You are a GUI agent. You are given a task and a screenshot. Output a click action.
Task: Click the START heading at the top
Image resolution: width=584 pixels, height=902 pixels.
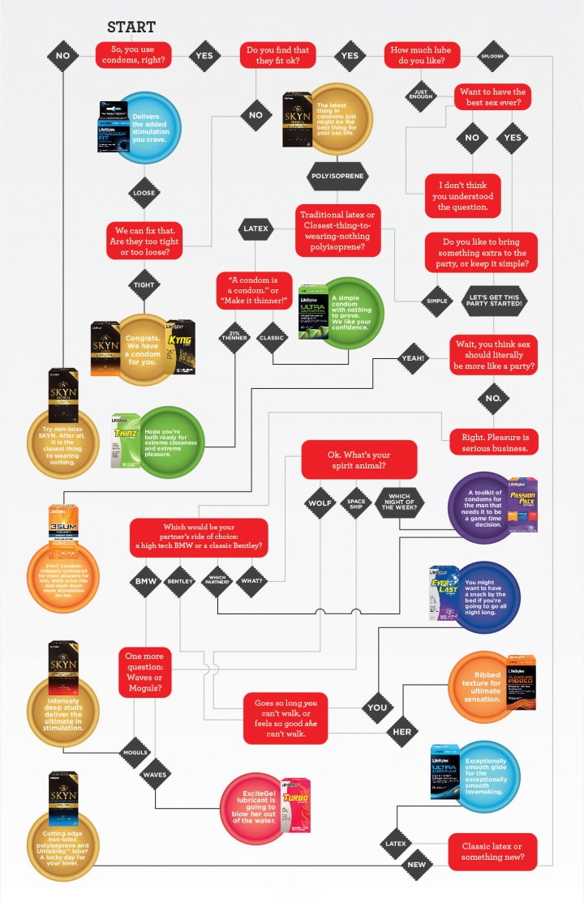point(131,28)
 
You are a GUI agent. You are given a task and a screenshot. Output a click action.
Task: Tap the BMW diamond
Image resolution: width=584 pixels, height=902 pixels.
point(146,580)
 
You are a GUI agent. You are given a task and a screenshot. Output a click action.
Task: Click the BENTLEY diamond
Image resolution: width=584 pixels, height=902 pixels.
point(179,580)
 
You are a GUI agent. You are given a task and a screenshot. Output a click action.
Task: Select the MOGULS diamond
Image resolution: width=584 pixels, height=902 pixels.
point(135,752)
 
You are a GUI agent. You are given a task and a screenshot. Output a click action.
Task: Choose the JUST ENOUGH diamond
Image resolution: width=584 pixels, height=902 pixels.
point(422,92)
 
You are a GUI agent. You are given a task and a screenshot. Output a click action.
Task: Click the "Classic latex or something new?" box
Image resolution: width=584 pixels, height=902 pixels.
point(492,851)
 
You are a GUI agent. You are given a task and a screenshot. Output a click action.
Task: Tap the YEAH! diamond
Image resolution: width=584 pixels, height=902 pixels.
point(414,357)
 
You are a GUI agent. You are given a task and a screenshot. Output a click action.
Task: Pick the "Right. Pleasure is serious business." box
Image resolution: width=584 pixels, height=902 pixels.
point(493,441)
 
